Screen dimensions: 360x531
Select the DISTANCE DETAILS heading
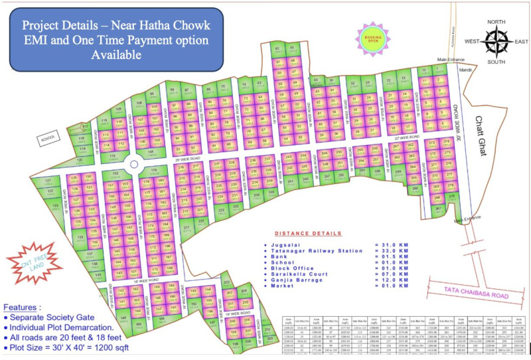[x=309, y=234]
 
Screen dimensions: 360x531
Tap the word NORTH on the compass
[x=496, y=22]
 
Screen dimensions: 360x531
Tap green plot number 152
[x=115, y=174]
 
